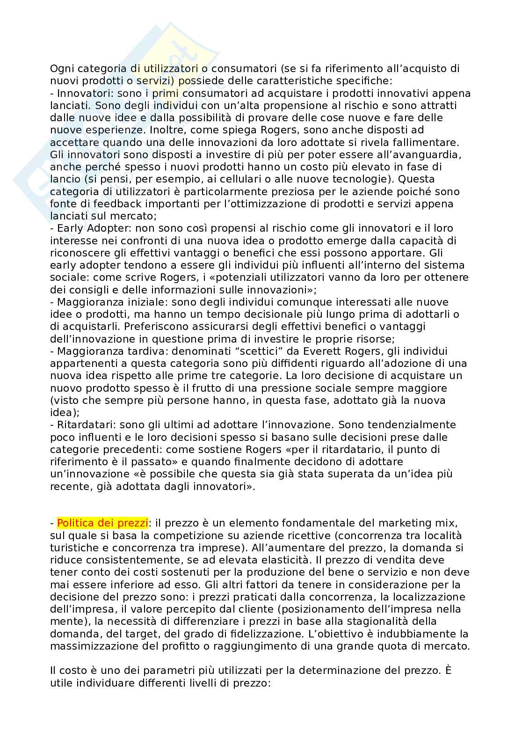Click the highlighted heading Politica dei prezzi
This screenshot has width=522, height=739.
[x=102, y=523]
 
